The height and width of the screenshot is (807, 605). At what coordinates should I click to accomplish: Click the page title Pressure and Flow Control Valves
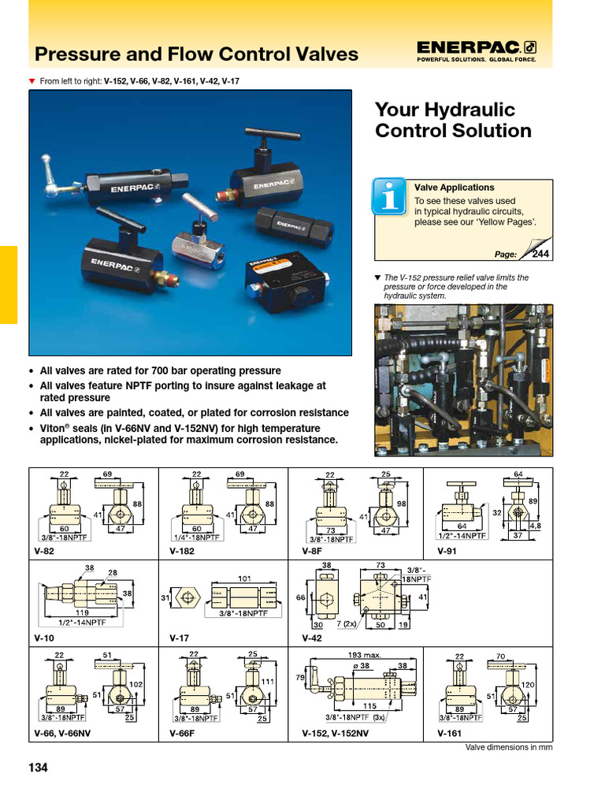(x=196, y=54)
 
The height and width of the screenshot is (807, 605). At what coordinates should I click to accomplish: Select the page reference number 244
(x=540, y=253)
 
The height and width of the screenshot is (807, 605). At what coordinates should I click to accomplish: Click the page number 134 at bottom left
(x=38, y=768)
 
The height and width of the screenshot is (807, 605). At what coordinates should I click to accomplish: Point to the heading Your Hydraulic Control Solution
(x=453, y=120)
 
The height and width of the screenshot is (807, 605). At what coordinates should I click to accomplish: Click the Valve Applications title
(x=455, y=188)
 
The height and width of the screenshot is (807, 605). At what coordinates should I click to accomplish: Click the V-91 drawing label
(x=447, y=552)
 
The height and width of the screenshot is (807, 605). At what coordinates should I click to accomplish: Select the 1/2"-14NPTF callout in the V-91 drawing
(x=462, y=535)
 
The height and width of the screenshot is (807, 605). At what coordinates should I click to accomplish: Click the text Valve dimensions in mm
(x=509, y=747)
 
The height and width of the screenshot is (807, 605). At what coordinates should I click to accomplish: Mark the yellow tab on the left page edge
(x=9, y=284)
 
